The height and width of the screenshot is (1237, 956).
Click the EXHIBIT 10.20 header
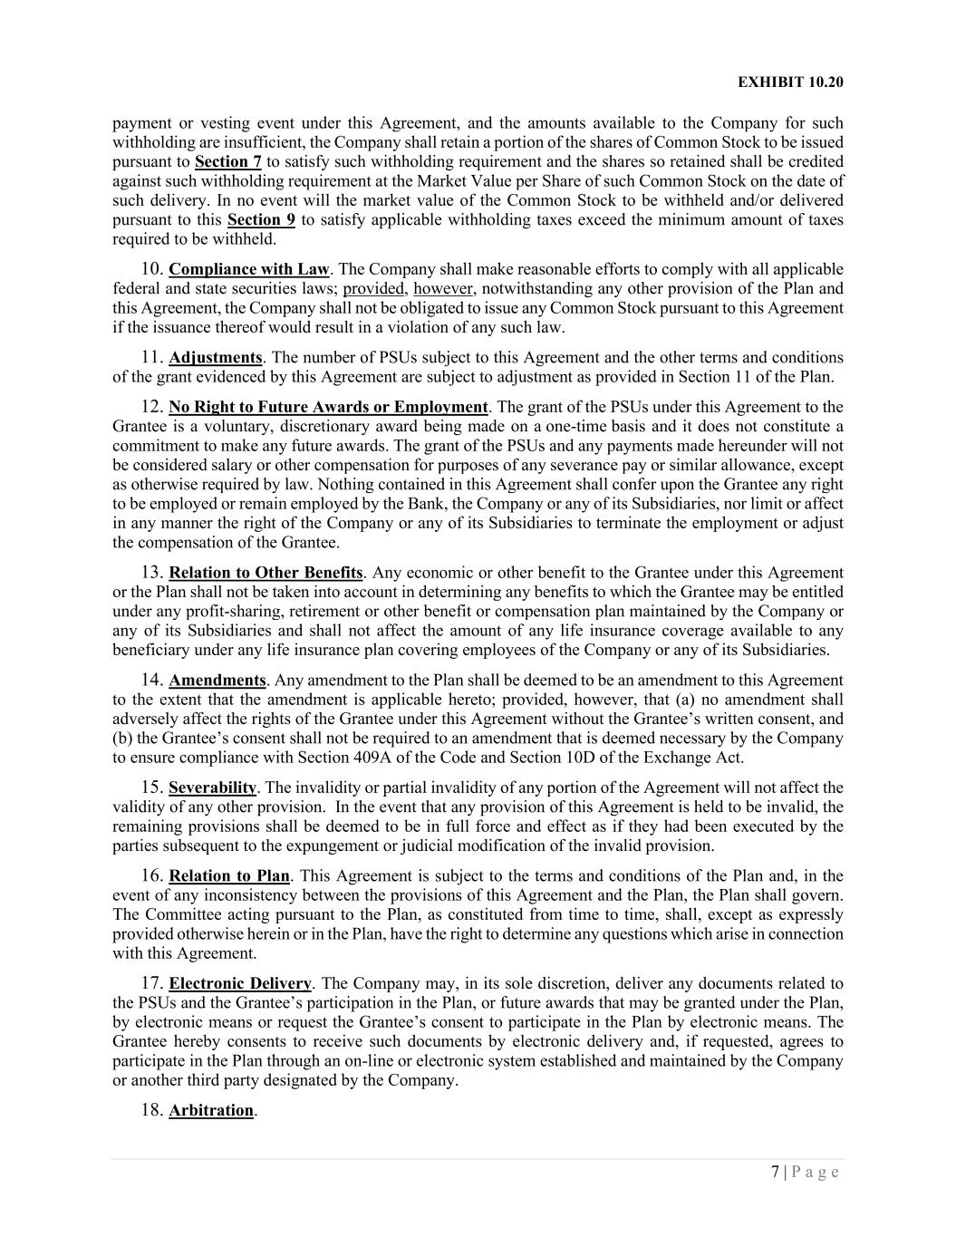click(x=790, y=82)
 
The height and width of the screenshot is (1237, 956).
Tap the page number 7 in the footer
click(x=775, y=1172)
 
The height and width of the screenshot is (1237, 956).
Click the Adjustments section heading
click(x=216, y=357)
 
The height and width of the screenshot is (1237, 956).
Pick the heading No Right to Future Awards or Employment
click(x=328, y=407)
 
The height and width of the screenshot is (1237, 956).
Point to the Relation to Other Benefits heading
click(x=266, y=573)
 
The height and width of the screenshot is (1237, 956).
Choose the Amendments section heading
click(x=217, y=680)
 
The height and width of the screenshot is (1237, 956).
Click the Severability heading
click(x=213, y=788)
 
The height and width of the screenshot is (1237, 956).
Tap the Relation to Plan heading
click(x=229, y=875)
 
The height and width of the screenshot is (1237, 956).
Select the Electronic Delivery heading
click(x=240, y=983)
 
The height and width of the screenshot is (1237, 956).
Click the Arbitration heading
click(x=211, y=1110)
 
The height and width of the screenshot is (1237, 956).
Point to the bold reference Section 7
click(x=228, y=161)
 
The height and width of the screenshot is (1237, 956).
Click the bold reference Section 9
click(x=261, y=219)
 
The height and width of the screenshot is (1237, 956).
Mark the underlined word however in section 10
click(x=443, y=288)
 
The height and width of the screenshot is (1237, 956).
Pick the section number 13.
click(x=151, y=573)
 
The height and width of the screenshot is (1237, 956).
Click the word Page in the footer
click(x=816, y=1172)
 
